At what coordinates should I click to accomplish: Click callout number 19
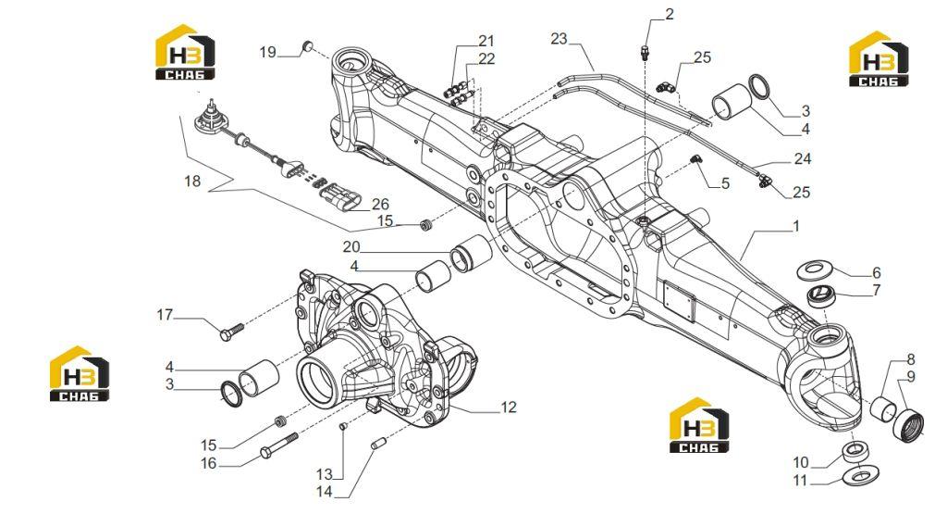point(267,52)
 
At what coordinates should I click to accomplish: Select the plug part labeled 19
point(307,46)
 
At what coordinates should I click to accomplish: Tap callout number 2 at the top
point(670,13)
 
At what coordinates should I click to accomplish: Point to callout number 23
point(559,39)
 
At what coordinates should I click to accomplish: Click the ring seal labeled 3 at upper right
point(760,88)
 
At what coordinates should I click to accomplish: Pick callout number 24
point(802,158)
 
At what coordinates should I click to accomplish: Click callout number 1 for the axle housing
point(796,226)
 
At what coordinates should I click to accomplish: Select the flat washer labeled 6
point(816,270)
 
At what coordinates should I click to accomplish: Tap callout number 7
point(877,290)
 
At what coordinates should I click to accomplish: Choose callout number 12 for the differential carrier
point(509,407)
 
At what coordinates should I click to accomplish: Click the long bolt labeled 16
point(278,444)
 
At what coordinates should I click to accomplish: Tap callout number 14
point(325,492)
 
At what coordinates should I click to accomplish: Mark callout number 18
point(192,181)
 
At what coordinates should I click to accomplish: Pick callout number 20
point(351,246)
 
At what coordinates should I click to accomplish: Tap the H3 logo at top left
point(185,52)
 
